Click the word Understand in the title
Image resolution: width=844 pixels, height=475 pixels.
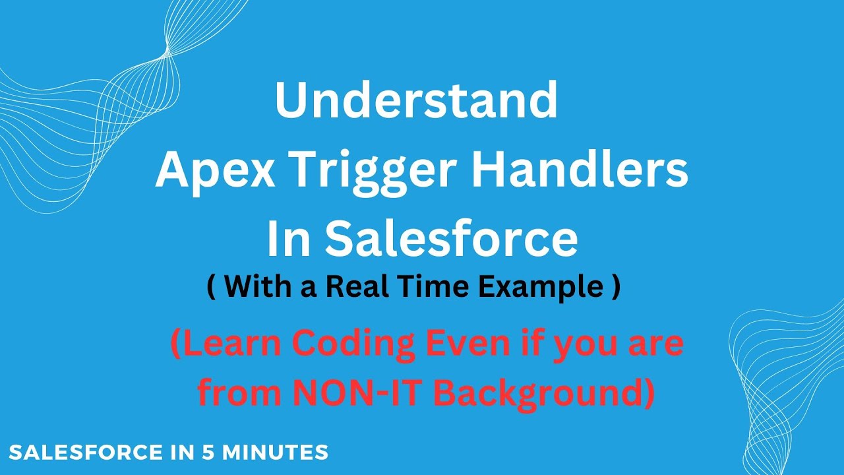tap(416, 100)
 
